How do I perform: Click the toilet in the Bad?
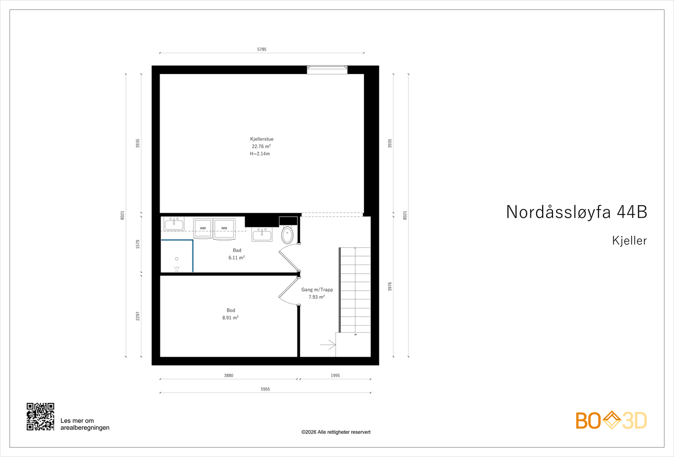(287, 235)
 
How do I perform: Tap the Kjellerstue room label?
(262, 139)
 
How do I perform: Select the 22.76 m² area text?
(261, 147)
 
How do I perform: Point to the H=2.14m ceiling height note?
(260, 154)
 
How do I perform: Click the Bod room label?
(231, 310)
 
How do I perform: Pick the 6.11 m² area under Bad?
(236, 258)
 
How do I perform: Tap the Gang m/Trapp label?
(317, 290)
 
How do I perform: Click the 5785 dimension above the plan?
(262, 49)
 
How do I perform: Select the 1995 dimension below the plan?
(335, 375)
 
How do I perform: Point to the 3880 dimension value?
(228, 375)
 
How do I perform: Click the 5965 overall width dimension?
(265, 389)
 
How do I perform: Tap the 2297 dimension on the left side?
(138, 316)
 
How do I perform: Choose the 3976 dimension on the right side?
(390, 286)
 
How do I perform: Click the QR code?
(40, 417)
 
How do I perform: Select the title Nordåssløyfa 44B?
(576, 212)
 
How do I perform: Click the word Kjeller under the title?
(629, 241)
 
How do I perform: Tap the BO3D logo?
(611, 420)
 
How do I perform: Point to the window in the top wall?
(327, 69)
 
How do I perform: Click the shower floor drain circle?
(177, 259)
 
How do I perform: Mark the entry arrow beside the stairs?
(328, 345)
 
